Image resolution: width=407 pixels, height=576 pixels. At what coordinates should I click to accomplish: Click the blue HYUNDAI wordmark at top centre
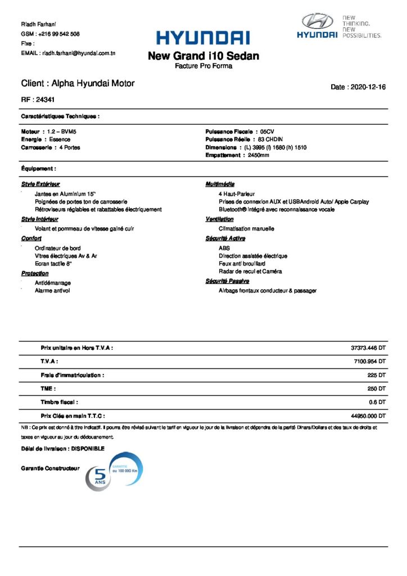coord(203,38)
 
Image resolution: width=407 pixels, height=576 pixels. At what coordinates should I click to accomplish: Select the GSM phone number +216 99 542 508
coord(58,34)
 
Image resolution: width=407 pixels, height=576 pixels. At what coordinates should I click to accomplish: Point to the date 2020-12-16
coord(368,87)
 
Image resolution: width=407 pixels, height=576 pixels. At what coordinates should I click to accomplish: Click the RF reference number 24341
coord(45,100)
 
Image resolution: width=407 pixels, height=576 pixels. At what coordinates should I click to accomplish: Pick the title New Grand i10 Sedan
coord(203,56)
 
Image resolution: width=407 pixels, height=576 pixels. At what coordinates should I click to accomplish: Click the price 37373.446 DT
coord(368,348)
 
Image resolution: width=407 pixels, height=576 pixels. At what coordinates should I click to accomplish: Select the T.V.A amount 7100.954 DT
coord(370,362)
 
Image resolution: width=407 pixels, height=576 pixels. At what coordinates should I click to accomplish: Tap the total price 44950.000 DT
coord(368,416)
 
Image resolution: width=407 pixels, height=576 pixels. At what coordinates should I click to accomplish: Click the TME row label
coord(48,389)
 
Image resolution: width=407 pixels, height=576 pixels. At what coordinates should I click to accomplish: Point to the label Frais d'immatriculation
coord(73,375)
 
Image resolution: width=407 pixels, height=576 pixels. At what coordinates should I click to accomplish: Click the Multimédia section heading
coord(220,184)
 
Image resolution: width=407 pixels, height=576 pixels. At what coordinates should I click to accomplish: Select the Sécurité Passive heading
coord(227,281)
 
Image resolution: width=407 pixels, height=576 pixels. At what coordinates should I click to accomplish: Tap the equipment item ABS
coord(224,247)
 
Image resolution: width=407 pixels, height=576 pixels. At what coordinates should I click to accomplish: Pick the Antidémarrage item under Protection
coord(53,282)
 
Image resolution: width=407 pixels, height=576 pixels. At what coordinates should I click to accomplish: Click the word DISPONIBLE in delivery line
coord(85,448)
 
